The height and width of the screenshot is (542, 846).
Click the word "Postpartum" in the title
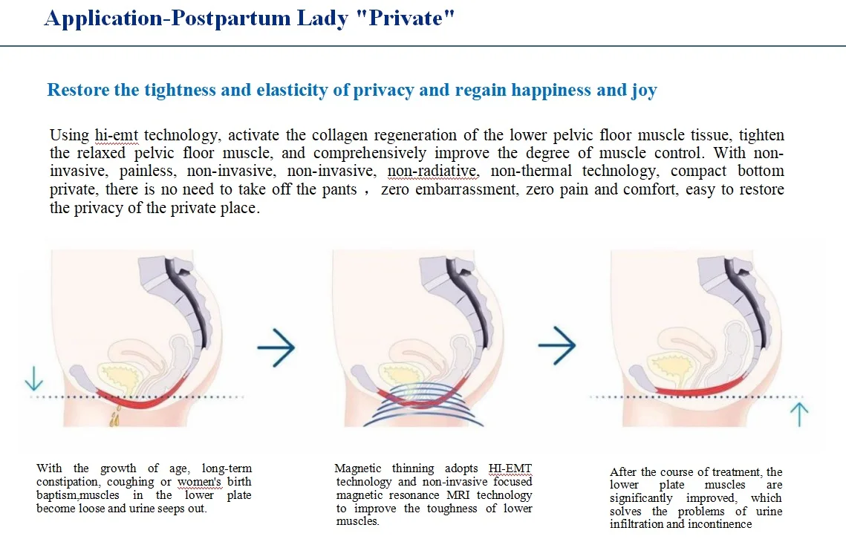point(221,19)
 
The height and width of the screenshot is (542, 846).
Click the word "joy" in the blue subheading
point(644,91)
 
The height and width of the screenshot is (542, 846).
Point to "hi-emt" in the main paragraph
point(117,136)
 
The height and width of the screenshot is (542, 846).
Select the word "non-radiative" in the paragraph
point(433,172)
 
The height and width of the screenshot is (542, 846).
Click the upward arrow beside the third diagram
point(799,414)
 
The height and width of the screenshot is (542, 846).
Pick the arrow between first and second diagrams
point(276,347)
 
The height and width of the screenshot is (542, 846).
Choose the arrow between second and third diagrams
point(556,347)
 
